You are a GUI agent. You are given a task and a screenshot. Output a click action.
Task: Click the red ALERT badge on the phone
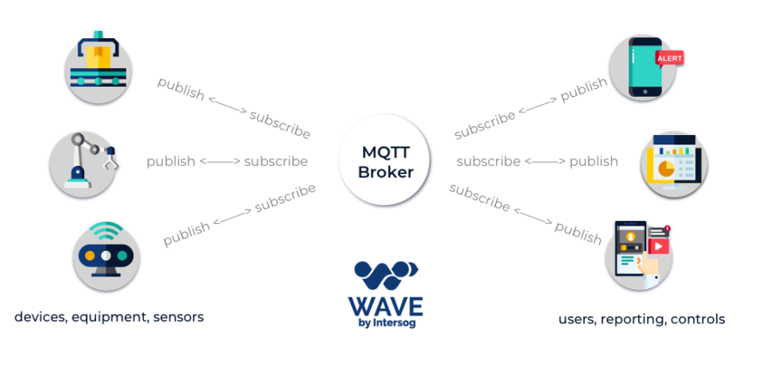point(669,58)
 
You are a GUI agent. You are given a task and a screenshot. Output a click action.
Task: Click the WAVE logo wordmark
point(385,305)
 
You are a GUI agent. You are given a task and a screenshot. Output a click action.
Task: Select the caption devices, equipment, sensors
point(109,318)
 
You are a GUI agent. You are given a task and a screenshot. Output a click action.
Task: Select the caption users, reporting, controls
point(641,319)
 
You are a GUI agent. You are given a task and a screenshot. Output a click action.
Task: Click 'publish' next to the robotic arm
point(170,161)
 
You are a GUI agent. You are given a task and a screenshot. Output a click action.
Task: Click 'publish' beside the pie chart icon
point(593,161)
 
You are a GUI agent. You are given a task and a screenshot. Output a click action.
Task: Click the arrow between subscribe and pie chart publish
point(545,161)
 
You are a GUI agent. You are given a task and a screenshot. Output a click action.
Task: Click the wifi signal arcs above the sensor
point(106,234)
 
